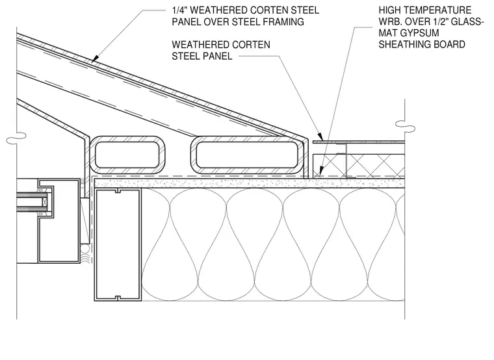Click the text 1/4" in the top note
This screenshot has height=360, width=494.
pos(179,10)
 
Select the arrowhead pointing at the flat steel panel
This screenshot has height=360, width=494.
pos(320,137)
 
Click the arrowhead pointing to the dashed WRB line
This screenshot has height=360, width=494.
pos(320,171)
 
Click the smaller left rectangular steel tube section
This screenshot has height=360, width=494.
pos(127,155)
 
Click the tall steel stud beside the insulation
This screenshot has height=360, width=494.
pos(118,245)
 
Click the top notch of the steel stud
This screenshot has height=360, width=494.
pos(118,191)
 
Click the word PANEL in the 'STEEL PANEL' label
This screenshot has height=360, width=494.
pos(218,56)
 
